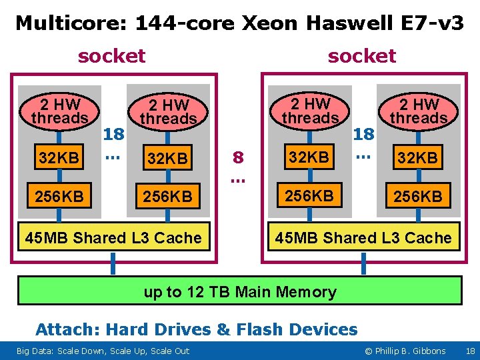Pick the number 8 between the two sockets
point(237,159)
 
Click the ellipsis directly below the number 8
point(237,178)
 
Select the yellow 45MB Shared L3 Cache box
point(364,238)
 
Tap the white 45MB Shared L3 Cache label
point(113,238)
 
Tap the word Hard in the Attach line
point(127,329)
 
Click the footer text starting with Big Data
point(103,351)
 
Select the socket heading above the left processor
point(111,56)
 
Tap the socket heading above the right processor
point(362,56)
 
